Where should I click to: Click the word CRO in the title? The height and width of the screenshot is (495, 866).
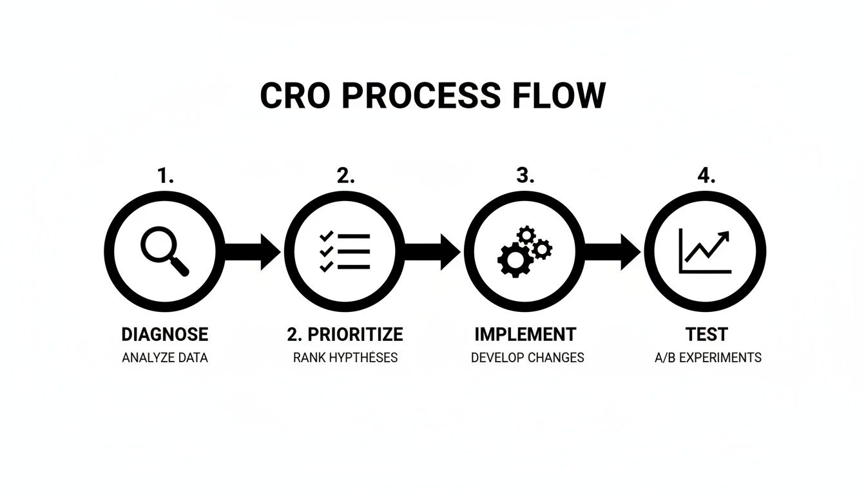(x=294, y=95)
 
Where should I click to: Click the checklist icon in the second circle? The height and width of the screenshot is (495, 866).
(x=345, y=252)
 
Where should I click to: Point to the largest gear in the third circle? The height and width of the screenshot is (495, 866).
(x=514, y=260)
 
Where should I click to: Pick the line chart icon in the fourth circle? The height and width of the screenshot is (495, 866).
(x=705, y=252)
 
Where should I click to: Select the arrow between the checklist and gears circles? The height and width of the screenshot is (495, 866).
(x=432, y=252)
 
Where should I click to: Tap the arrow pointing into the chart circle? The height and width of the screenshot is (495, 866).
(x=613, y=252)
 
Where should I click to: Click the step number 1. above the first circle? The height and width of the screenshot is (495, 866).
(x=166, y=176)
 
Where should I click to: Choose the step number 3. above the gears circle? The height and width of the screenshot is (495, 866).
(x=525, y=176)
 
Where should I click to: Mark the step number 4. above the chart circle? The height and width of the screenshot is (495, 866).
(x=706, y=176)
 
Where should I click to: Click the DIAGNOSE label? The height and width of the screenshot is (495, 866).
(x=165, y=335)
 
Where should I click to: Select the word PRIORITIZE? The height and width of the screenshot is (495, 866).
(x=355, y=335)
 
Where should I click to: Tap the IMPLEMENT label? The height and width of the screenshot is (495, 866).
(x=525, y=335)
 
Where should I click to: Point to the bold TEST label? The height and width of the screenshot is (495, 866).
(x=707, y=335)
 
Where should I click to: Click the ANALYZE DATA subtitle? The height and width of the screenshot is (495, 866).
(x=165, y=357)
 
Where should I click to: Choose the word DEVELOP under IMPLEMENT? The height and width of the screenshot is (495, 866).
(x=497, y=357)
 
